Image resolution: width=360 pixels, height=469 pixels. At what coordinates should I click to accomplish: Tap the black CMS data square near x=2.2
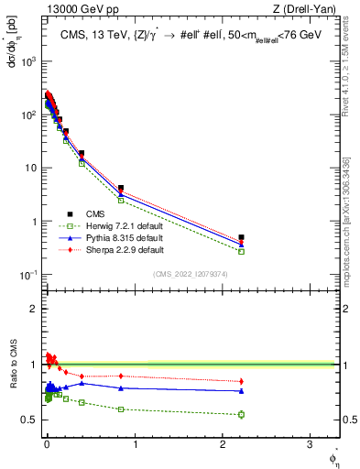241,237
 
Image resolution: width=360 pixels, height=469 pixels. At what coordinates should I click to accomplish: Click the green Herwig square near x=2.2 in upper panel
241,251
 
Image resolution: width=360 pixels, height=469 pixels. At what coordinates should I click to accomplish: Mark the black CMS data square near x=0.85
121,188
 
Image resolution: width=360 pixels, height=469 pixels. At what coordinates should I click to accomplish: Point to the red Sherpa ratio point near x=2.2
241,381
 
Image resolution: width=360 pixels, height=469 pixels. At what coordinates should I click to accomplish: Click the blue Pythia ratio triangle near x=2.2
241,391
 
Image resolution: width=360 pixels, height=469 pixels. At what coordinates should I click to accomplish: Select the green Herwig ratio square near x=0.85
121,409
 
